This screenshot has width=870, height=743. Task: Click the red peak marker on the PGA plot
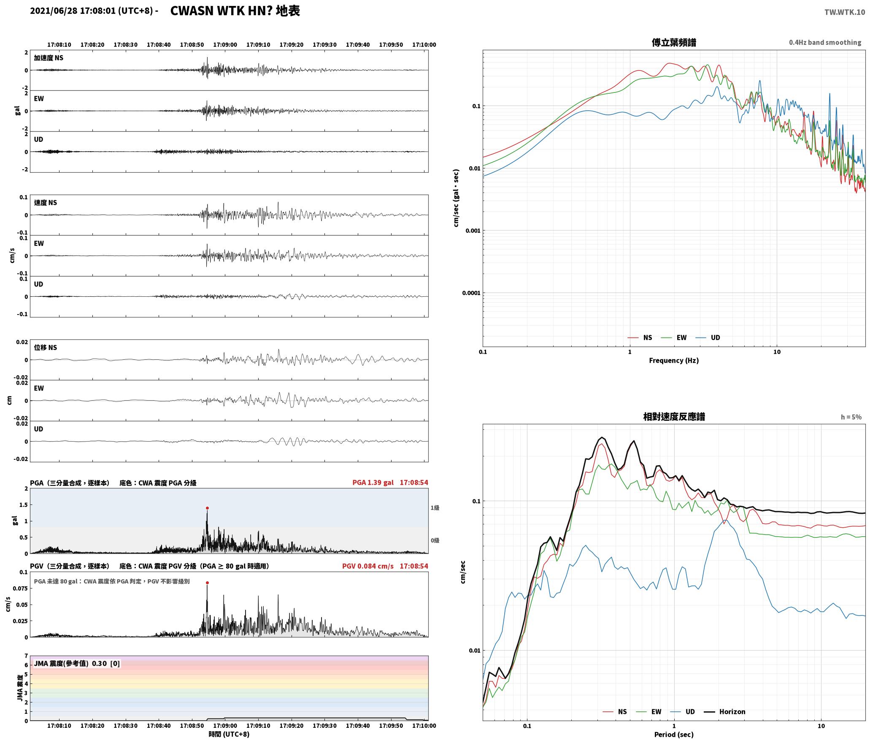(x=207, y=508)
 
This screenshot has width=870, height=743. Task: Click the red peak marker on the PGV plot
(x=207, y=583)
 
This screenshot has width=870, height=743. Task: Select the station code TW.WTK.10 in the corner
(x=845, y=12)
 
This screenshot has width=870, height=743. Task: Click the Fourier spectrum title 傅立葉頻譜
(x=674, y=43)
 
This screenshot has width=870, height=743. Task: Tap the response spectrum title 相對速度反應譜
(x=674, y=417)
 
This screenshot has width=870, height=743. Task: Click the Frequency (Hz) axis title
(x=674, y=360)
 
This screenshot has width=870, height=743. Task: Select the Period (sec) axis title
(x=674, y=734)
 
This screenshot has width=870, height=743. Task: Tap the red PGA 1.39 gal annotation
(x=373, y=483)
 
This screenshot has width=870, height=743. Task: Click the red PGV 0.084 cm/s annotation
(x=368, y=566)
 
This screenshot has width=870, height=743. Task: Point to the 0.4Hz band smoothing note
(x=825, y=42)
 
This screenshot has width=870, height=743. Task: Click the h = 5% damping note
(x=851, y=417)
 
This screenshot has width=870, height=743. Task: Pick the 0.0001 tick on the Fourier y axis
(x=471, y=293)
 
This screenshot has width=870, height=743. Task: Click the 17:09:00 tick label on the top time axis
(x=225, y=44)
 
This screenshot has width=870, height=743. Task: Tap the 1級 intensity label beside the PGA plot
(x=435, y=508)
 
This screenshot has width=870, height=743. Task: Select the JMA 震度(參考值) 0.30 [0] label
(x=77, y=663)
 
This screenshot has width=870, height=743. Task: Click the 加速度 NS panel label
(x=49, y=58)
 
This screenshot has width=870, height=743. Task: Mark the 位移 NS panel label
(x=46, y=347)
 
